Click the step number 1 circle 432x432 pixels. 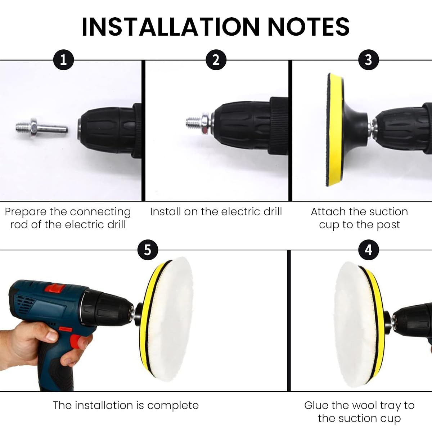tap(63, 60)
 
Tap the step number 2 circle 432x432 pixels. tap(216, 60)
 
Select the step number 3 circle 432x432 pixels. tap(369, 60)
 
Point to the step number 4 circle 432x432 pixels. tap(369, 250)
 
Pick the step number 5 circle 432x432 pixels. tap(148, 250)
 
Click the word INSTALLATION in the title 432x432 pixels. tap(171, 27)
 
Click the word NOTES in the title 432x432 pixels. tap(309, 27)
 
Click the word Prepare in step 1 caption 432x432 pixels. tap(25, 212)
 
